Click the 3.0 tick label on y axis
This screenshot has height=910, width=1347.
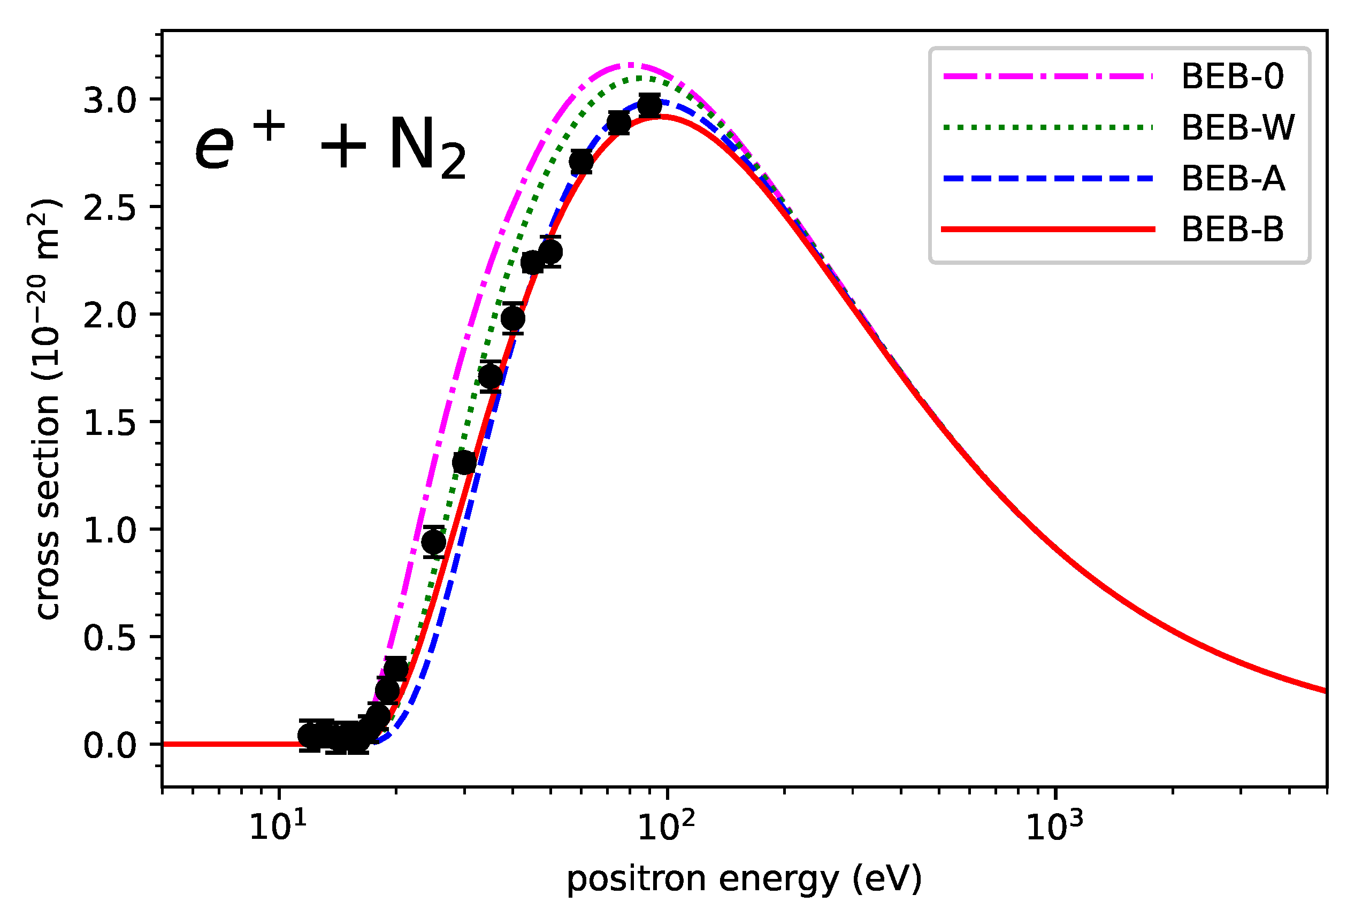point(110,100)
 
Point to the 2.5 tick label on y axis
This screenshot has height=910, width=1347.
point(110,208)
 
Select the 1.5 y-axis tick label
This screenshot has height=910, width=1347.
point(110,423)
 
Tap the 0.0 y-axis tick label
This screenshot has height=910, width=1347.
point(110,745)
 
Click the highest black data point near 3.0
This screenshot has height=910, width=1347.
point(649,106)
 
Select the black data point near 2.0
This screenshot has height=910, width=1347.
point(513,318)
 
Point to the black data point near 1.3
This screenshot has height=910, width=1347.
point(464,463)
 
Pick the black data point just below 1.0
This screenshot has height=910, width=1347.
point(433,542)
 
